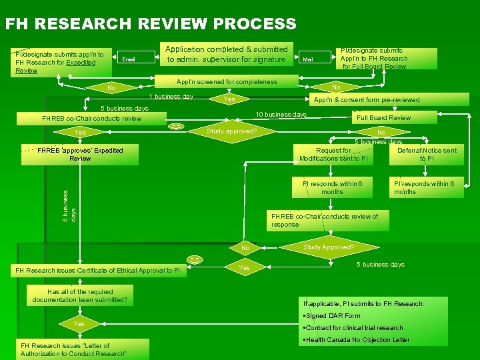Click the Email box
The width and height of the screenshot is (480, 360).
129,59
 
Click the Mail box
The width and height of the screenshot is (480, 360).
307,59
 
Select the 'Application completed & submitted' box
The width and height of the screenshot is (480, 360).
227,54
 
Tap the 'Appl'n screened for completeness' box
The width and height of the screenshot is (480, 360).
227,82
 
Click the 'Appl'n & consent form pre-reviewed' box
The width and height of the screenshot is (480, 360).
367,100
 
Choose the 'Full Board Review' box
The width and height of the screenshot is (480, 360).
384,118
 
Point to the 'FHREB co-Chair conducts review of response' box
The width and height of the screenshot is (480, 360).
325,220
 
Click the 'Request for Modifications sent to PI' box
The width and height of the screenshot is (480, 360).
333,155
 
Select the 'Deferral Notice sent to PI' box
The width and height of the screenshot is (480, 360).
427,155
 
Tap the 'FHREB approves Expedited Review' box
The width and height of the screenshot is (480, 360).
80,154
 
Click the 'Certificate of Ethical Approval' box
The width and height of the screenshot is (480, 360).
97,270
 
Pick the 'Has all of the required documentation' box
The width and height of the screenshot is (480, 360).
79,295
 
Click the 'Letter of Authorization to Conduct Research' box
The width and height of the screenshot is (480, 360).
73,349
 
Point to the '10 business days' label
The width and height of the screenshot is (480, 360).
281,115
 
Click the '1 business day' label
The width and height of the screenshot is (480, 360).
171,97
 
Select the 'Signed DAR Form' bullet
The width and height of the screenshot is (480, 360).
332,316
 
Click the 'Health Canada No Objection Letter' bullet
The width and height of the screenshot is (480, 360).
356,340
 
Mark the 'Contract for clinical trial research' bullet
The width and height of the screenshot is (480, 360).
353,328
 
